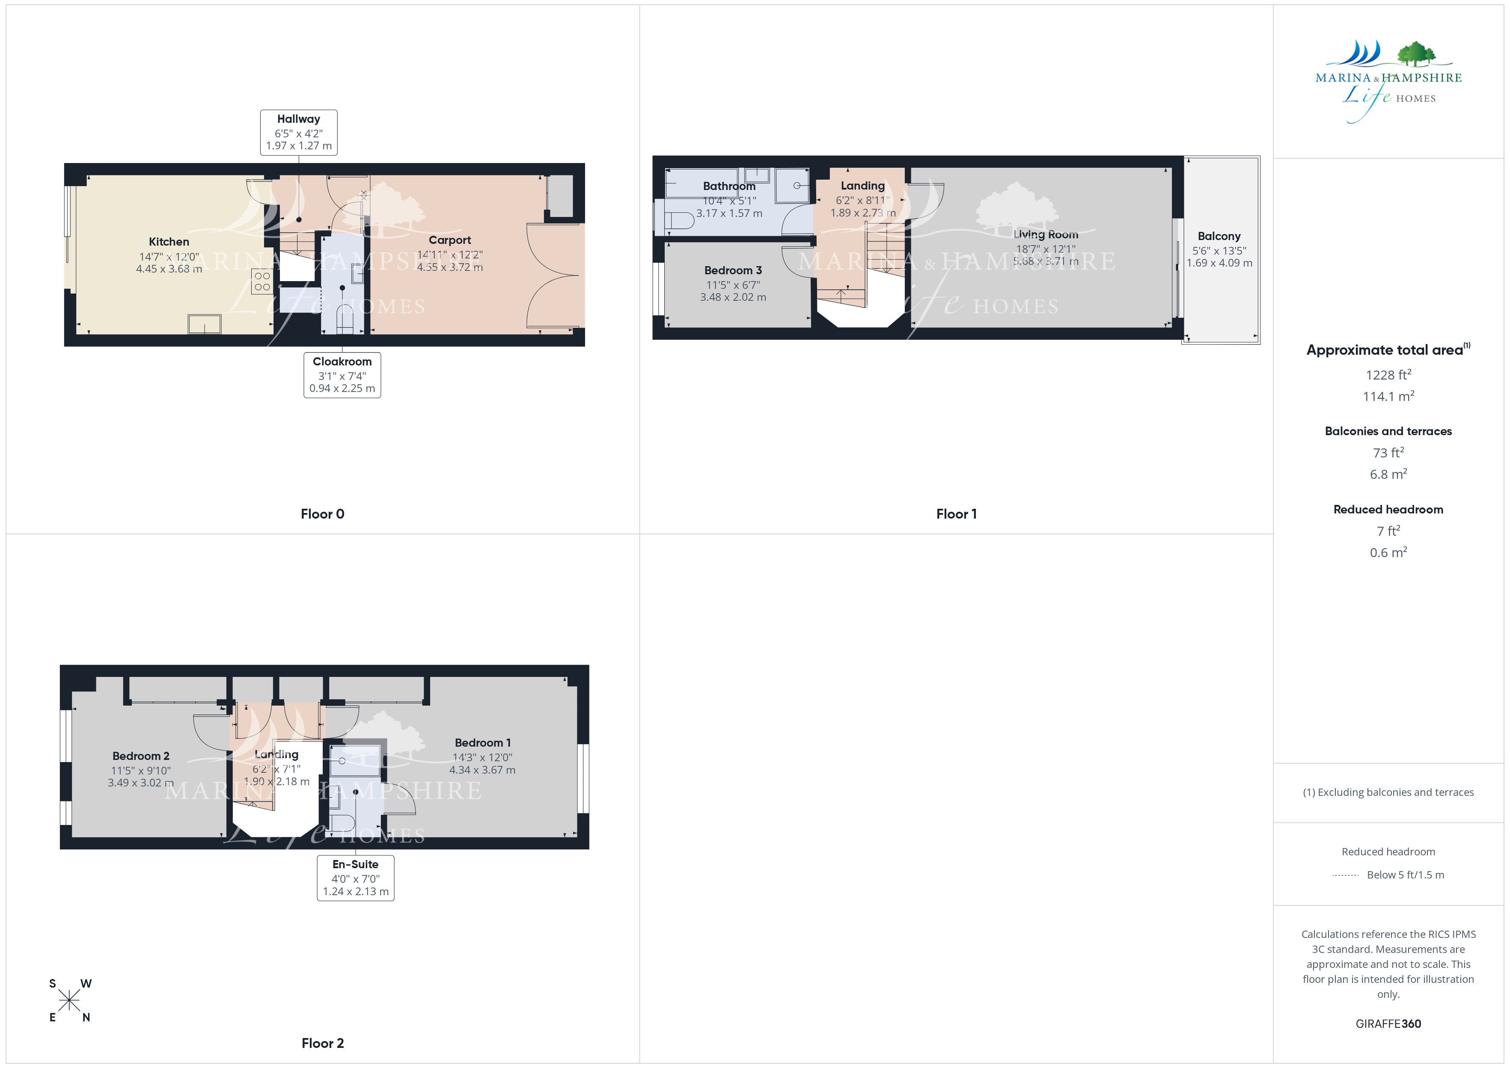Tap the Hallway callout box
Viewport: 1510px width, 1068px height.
click(x=299, y=132)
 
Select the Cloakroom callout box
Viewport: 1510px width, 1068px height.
click(x=342, y=375)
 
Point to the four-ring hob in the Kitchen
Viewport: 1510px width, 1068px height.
click(x=262, y=282)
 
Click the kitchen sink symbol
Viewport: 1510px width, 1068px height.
click(x=205, y=324)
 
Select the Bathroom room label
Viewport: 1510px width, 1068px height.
click(x=729, y=186)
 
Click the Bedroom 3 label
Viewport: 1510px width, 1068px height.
click(x=733, y=270)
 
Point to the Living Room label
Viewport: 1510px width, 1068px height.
click(x=1046, y=235)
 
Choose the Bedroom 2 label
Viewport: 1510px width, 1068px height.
click(x=141, y=756)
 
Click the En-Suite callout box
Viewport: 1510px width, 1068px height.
click(x=356, y=877)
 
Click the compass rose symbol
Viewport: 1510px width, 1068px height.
click(x=69, y=1001)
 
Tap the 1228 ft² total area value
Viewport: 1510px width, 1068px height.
click(x=1388, y=375)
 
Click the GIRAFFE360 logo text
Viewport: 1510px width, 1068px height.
click(x=1388, y=1024)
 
